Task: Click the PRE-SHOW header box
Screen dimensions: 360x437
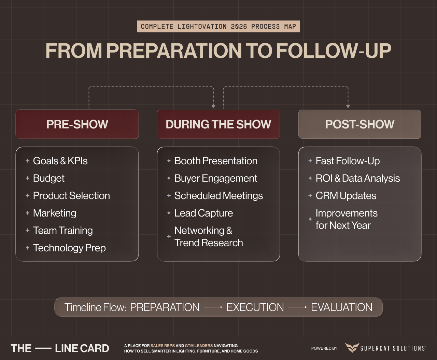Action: tap(77, 124)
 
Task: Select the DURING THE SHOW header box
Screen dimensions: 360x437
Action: tap(218, 124)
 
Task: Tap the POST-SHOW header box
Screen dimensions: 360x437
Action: tap(360, 124)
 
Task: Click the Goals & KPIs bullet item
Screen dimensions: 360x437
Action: tap(60, 161)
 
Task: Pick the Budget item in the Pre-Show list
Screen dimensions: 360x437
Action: tap(49, 178)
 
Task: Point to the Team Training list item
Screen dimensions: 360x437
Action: tap(63, 231)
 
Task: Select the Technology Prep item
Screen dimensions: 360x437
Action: tap(69, 248)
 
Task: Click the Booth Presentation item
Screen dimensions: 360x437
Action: tap(216, 161)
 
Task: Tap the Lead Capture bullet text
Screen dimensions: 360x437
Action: tap(203, 213)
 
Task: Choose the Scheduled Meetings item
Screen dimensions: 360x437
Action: tap(218, 196)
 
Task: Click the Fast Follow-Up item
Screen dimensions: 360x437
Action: tap(348, 161)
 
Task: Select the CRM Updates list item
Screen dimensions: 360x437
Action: tap(346, 196)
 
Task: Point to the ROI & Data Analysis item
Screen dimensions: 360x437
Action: tap(357, 178)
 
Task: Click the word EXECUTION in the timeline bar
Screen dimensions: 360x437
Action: tap(255, 307)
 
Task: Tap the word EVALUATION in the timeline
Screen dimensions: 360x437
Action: tap(341, 307)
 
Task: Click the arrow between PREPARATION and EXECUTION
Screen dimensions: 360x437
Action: tap(213, 307)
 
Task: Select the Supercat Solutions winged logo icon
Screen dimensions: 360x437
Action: tap(352, 348)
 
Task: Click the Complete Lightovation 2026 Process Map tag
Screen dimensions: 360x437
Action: tap(218, 27)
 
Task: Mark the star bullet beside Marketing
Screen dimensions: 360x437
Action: tap(28, 213)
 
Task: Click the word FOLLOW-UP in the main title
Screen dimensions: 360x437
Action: tap(334, 51)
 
